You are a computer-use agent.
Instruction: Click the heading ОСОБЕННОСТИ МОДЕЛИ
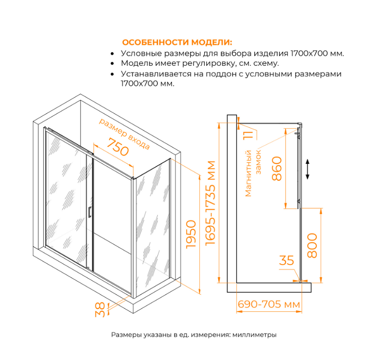(177, 43)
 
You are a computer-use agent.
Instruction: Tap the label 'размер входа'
(124, 134)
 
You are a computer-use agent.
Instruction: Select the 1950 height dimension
(191, 235)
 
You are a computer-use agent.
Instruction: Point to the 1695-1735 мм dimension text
(210, 202)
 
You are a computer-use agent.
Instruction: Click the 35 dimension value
(286, 261)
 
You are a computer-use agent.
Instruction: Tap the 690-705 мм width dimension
(269, 305)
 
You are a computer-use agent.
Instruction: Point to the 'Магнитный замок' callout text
(253, 173)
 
